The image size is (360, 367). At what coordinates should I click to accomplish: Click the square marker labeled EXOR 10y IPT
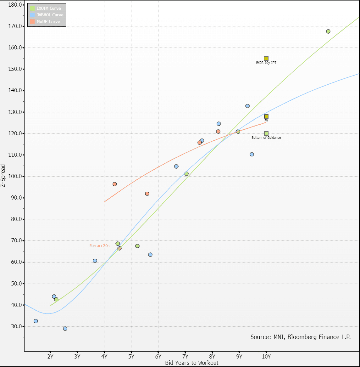tap(266, 59)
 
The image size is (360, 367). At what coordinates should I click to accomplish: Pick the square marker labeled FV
tap(266, 116)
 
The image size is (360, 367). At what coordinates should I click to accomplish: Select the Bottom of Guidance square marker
tap(266, 133)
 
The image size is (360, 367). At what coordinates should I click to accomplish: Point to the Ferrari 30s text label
tap(99, 246)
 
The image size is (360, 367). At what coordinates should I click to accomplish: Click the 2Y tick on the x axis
tap(50, 357)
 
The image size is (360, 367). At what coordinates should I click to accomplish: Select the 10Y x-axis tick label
tap(266, 357)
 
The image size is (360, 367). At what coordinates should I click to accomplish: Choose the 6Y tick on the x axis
tap(158, 357)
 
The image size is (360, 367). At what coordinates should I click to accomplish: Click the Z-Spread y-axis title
tap(3, 175)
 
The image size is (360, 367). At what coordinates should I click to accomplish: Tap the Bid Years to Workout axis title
tap(192, 363)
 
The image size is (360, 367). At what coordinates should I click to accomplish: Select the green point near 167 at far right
tap(328, 31)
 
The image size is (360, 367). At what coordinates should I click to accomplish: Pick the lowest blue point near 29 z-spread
tap(65, 329)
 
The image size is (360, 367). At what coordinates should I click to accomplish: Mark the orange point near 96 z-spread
tap(115, 184)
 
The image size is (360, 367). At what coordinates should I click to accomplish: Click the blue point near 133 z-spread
tap(247, 106)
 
